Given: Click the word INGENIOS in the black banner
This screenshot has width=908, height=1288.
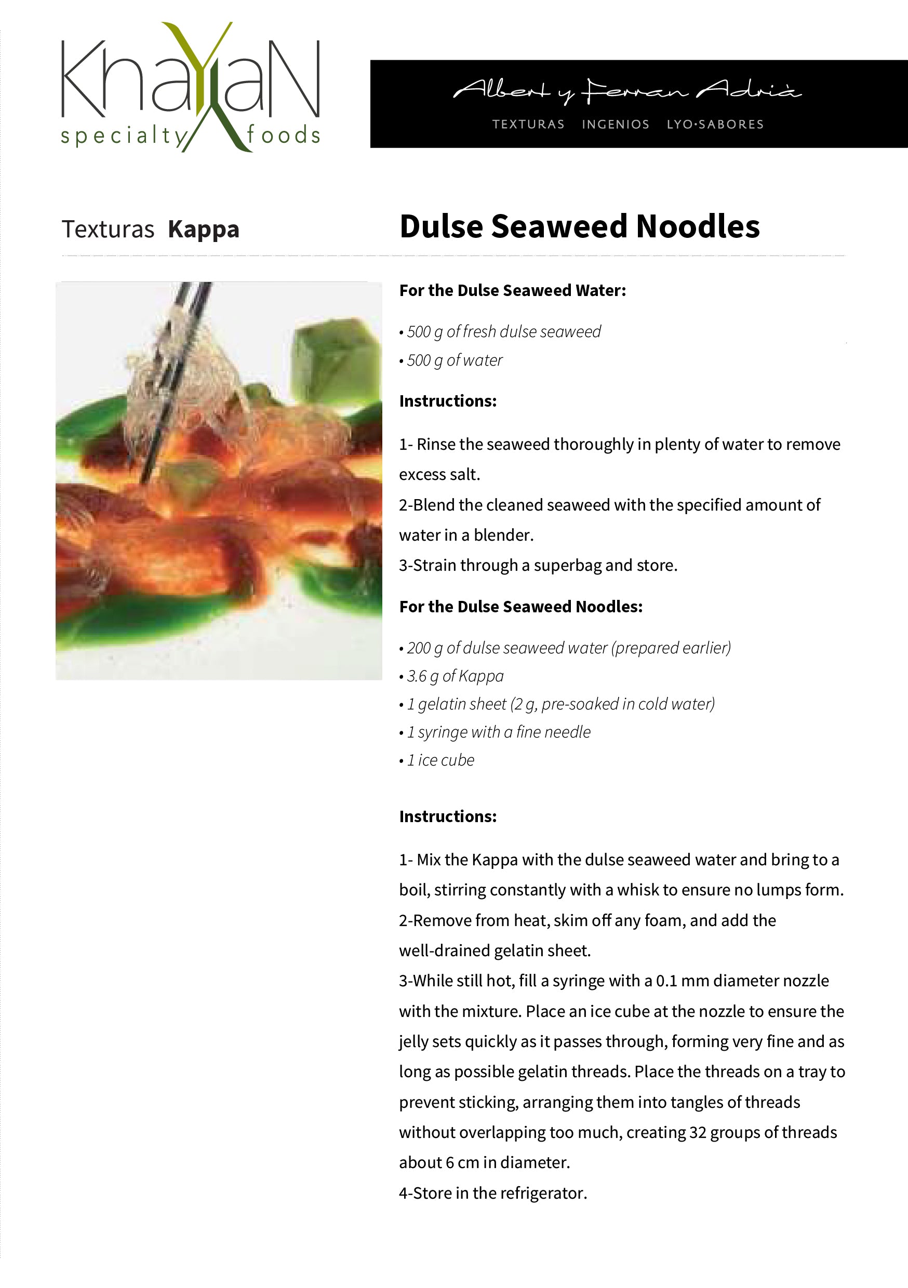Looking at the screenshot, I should (615, 125).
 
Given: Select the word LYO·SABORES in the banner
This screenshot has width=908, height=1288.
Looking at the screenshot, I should (715, 125).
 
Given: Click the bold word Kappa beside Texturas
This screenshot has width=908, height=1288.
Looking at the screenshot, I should (203, 230).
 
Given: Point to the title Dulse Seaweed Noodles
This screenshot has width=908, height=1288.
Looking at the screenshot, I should (579, 226).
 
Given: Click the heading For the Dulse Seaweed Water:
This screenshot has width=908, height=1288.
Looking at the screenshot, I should (512, 291).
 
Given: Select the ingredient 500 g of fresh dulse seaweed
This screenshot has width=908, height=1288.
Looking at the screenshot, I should (503, 331).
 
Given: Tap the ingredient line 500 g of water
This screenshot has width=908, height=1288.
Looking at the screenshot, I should (454, 360).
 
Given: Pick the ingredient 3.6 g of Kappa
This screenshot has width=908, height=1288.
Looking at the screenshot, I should (455, 676).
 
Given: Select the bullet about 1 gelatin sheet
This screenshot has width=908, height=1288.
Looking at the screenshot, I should (559, 704).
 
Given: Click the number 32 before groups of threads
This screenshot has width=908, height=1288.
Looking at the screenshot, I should (697, 1133).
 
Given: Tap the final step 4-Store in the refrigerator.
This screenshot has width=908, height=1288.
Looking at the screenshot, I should (493, 1193).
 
